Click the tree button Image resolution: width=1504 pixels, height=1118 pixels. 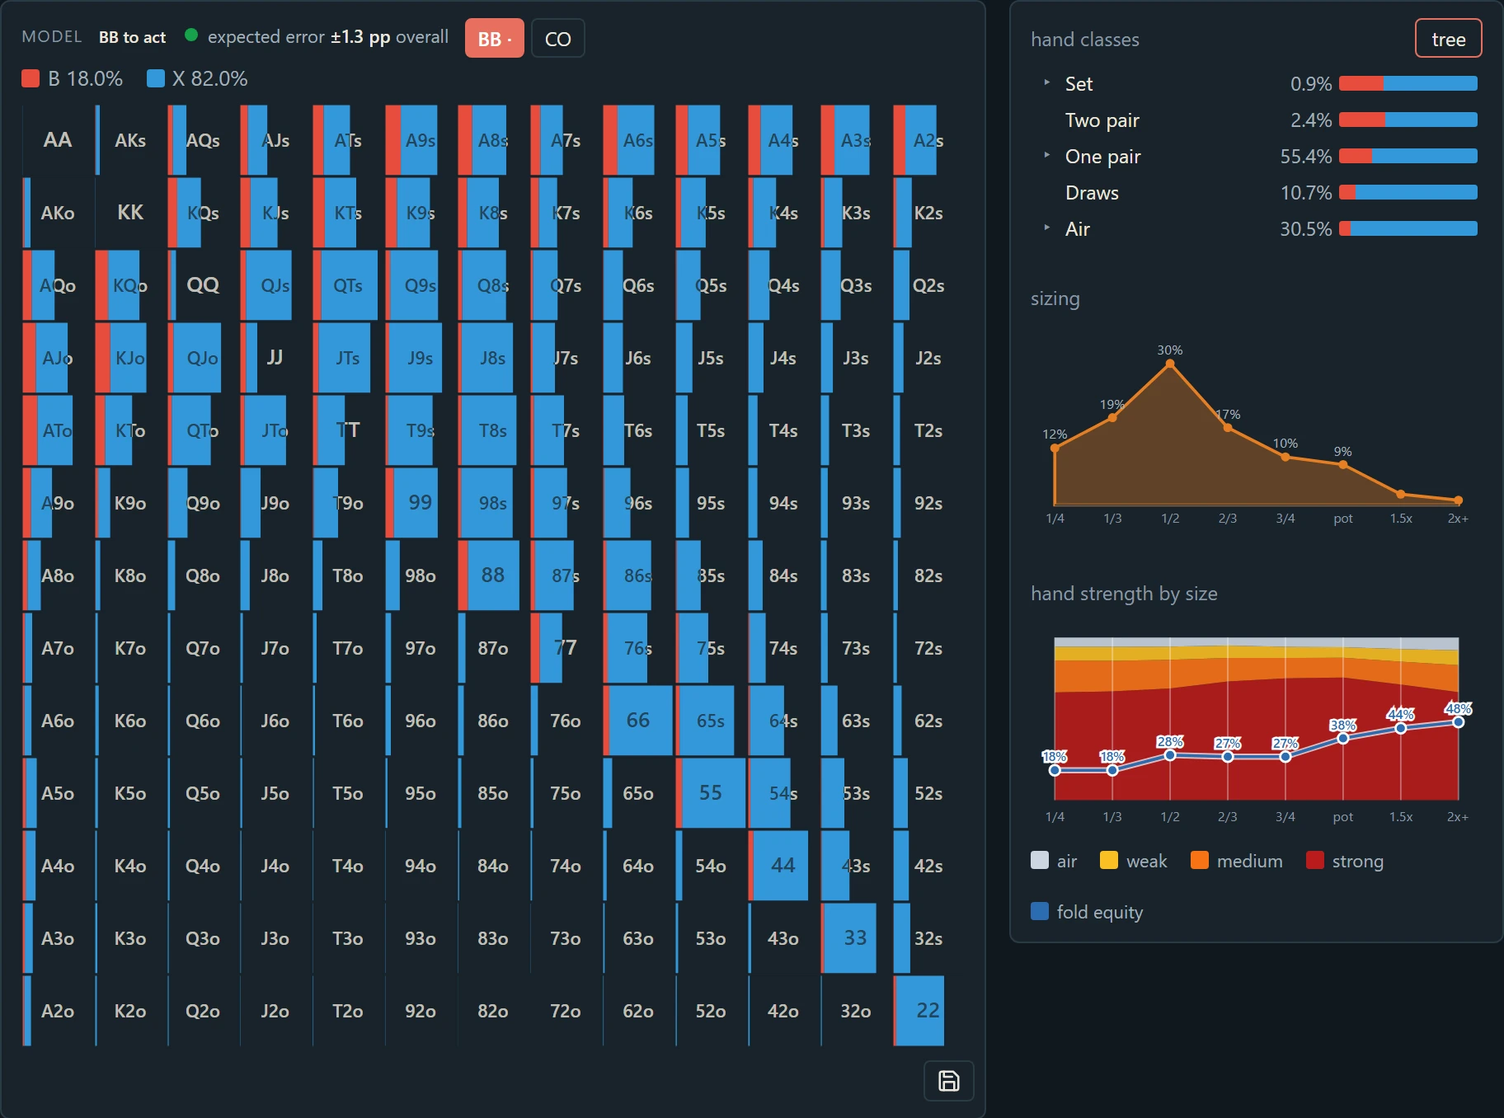tap(1448, 39)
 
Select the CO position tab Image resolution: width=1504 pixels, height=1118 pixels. tap(558, 39)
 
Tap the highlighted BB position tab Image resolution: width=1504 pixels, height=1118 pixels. tap(495, 39)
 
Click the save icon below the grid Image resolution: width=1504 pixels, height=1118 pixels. tap(949, 1081)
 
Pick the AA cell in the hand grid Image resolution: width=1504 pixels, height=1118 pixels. tap(58, 140)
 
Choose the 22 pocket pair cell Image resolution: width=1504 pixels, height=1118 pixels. tap(928, 1011)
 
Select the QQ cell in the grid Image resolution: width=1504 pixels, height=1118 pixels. tap(203, 285)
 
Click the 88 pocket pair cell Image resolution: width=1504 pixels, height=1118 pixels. tap(493, 575)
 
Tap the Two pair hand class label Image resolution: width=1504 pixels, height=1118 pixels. tap(1102, 120)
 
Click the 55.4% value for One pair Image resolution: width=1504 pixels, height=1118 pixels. tap(1306, 157)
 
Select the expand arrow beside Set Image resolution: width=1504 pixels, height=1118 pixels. tap(1047, 82)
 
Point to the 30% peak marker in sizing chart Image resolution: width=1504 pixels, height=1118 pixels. tap(1170, 364)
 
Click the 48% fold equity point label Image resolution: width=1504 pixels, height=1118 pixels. tap(1458, 709)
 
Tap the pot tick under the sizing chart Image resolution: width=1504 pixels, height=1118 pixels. tap(1343, 519)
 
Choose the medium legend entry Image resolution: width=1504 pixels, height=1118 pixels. tap(1237, 861)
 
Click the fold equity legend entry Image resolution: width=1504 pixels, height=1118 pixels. tap(1087, 912)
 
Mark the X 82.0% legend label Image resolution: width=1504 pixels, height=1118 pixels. tap(209, 79)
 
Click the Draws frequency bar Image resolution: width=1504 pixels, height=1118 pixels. tap(1408, 192)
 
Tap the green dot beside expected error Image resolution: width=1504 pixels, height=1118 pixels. tap(191, 35)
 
